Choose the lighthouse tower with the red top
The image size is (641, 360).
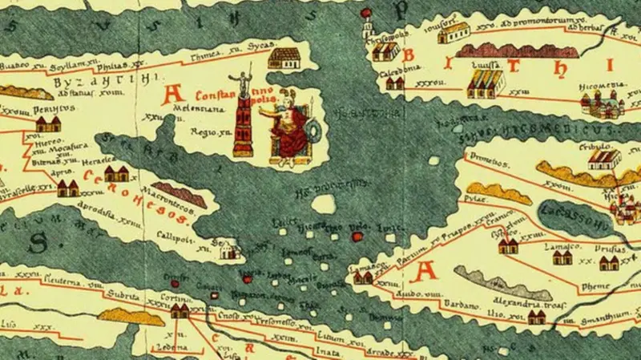[368, 24]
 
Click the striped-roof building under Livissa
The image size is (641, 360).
[484, 81]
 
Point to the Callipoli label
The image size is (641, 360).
[183, 238]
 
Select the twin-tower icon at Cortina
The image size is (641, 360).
[179, 311]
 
